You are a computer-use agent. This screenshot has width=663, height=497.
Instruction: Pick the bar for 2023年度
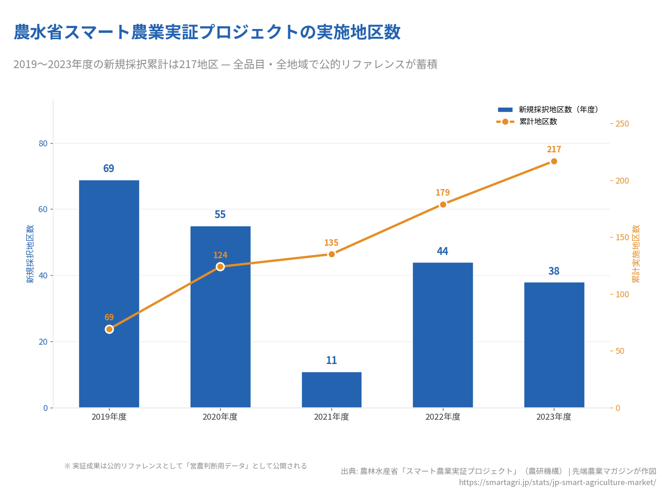click(554, 345)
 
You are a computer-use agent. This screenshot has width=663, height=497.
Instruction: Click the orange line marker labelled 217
click(554, 162)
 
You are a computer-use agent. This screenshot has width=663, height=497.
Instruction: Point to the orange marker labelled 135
click(331, 254)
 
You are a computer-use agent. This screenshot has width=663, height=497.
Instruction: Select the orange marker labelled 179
click(443, 204)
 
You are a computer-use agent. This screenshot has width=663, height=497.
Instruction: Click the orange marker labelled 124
click(220, 267)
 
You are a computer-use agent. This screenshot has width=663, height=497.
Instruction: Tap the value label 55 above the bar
click(220, 214)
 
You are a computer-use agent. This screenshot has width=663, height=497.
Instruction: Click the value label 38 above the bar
click(554, 271)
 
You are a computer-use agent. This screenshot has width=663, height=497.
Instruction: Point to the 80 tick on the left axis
click(43, 144)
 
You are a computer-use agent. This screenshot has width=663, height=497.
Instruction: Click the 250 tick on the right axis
click(622, 124)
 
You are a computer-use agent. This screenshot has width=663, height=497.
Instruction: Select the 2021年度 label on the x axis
click(331, 417)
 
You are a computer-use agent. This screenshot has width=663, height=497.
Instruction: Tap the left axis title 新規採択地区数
click(30, 254)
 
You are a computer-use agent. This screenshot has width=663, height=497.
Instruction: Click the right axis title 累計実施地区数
click(636, 254)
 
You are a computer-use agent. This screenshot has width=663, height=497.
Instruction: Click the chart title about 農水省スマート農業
click(207, 32)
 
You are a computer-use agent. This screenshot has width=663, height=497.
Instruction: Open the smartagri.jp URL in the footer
click(557, 482)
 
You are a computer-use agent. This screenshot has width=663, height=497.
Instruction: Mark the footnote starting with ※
click(186, 466)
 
